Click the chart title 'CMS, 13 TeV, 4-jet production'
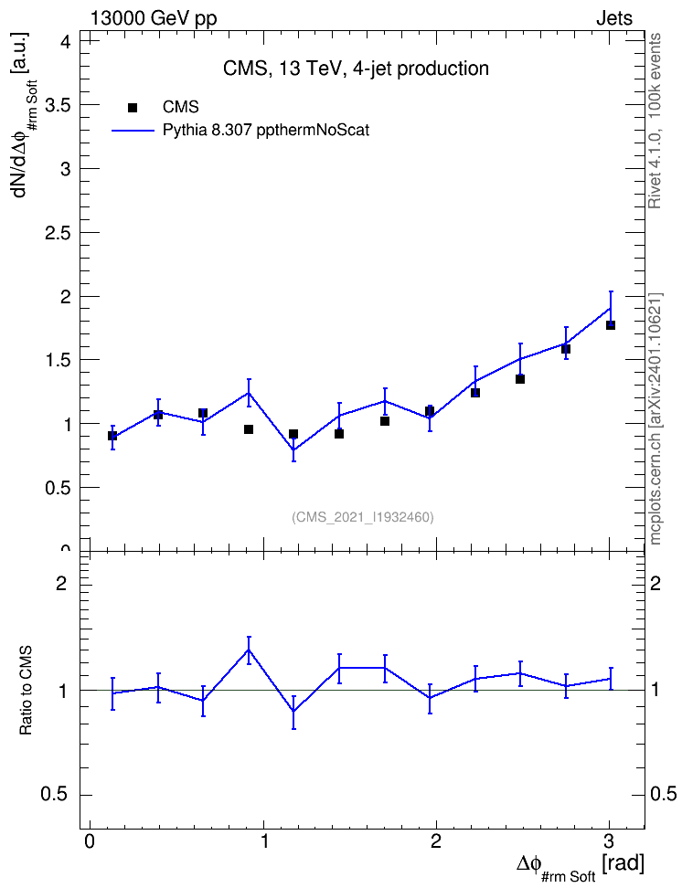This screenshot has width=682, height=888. pos(356,69)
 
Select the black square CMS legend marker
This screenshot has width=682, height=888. pos(133,108)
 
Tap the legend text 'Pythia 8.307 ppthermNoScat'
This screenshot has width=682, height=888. pos(266,131)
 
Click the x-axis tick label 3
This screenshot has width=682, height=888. pos(609,840)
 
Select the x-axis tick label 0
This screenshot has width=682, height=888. pos(90,840)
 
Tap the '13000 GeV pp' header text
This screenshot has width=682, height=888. pos(154,18)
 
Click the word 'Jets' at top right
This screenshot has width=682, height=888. pos(614,18)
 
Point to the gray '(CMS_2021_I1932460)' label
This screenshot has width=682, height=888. pos(363,517)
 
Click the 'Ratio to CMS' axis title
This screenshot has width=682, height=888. pos(26,691)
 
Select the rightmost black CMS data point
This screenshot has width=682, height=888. pos(611,325)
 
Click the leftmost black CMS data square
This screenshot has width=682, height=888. pos(112,436)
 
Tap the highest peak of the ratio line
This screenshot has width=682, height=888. pos(249,650)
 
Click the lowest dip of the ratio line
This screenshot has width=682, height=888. pos(293,712)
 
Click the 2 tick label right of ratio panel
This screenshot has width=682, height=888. pos(655,583)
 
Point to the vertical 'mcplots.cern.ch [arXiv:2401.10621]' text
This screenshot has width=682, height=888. pos(655,419)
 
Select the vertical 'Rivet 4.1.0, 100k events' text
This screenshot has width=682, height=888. pos(655,121)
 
